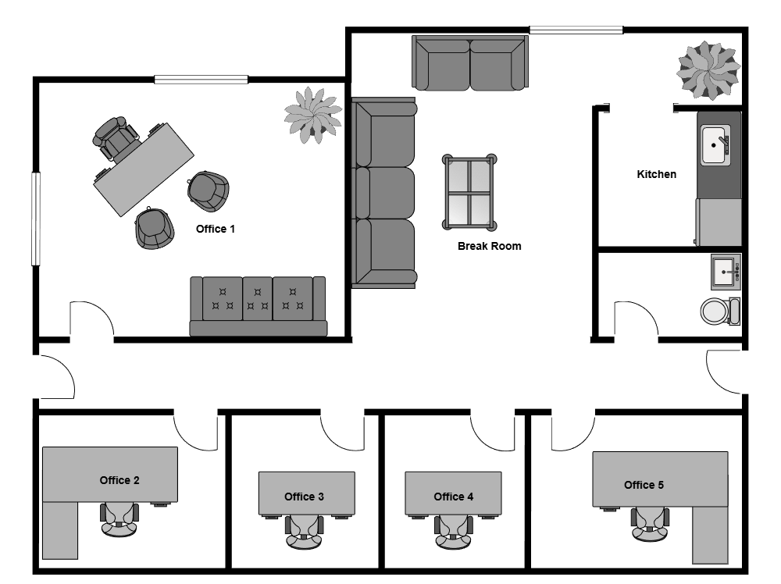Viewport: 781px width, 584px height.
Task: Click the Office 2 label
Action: click(x=119, y=480)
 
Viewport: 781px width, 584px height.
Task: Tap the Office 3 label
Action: click(x=304, y=497)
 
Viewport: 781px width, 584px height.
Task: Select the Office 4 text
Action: click(x=453, y=497)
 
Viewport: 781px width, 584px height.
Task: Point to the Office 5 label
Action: click(x=644, y=485)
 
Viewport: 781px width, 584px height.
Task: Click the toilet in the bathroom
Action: click(x=719, y=311)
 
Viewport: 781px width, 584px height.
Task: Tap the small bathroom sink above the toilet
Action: click(x=726, y=272)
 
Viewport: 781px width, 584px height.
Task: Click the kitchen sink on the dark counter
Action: click(x=715, y=145)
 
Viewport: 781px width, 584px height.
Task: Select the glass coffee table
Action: click(x=469, y=192)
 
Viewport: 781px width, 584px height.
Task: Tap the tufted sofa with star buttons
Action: click(x=258, y=305)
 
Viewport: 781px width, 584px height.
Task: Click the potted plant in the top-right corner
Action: click(x=708, y=70)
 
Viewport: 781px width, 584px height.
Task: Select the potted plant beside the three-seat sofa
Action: click(x=312, y=115)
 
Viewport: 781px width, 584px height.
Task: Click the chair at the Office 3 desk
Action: click(x=304, y=531)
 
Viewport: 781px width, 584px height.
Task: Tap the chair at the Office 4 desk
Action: click(x=453, y=531)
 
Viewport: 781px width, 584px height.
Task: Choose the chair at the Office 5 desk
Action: click(x=650, y=524)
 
